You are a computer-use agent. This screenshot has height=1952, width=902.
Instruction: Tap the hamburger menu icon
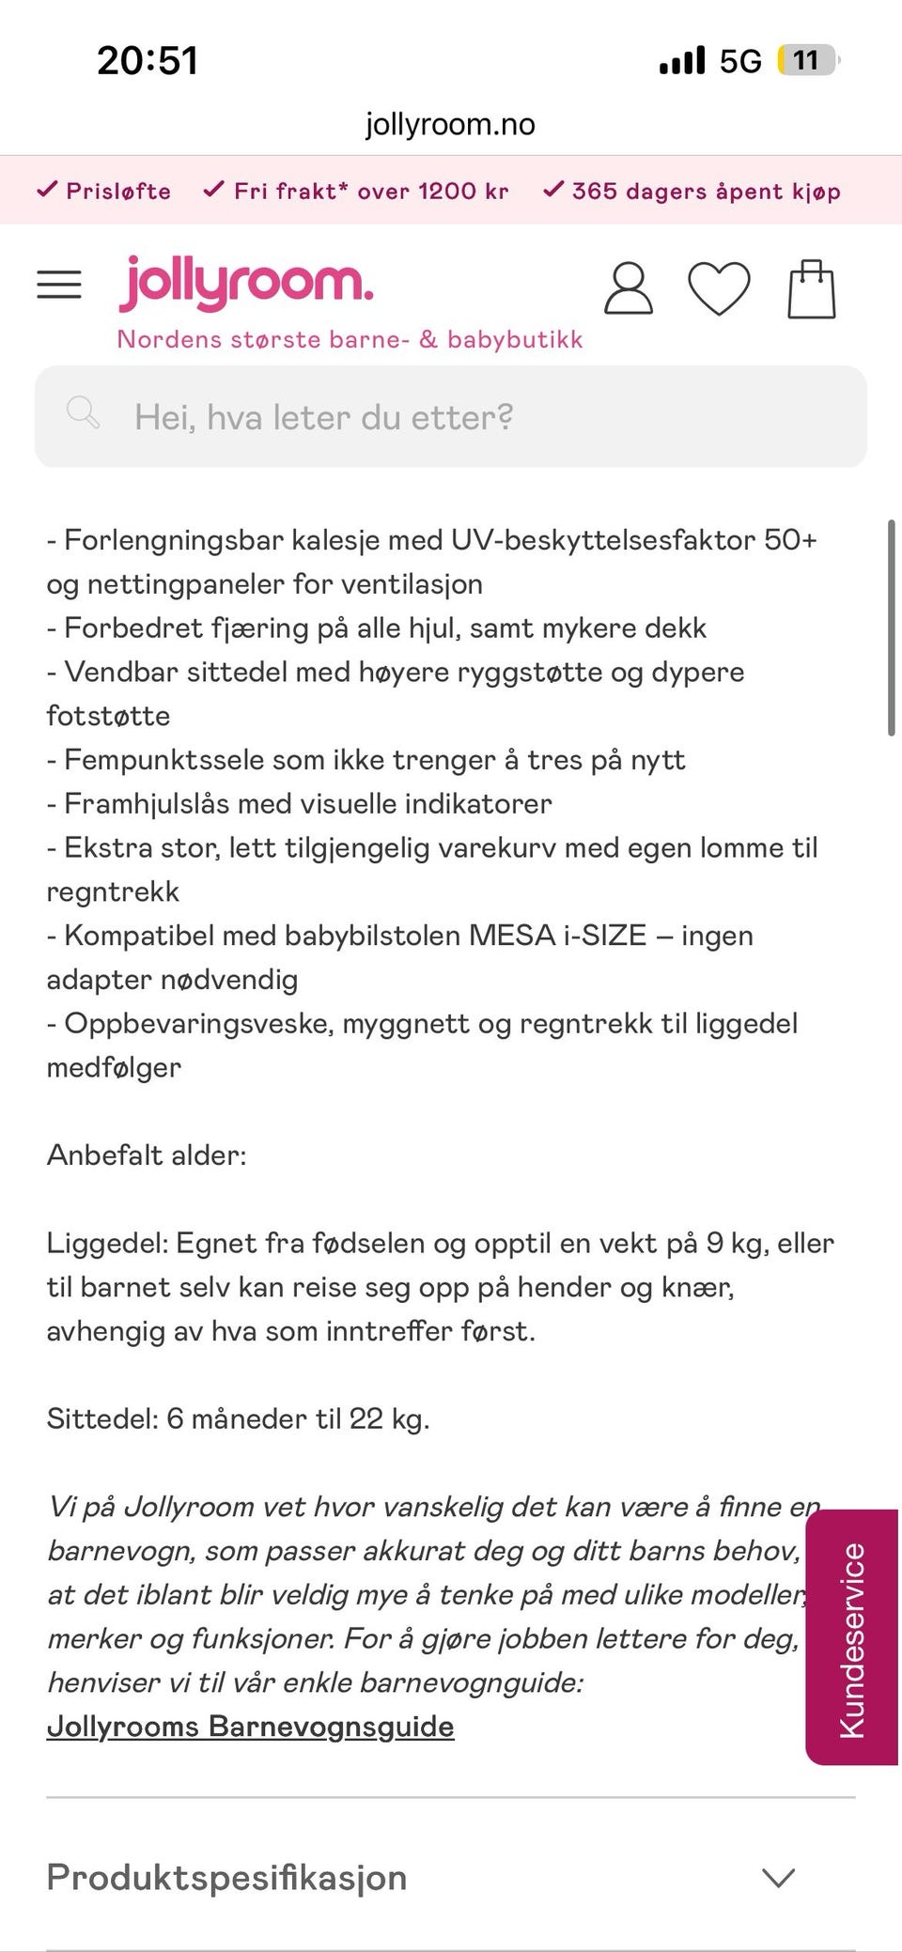pos(59,285)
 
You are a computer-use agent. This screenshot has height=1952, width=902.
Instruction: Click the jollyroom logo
pos(246,283)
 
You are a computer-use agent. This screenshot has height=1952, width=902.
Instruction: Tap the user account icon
pos(628,288)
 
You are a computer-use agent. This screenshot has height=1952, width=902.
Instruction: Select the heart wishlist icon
pos(719,288)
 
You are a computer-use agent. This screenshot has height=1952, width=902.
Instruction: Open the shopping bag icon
pos(811,289)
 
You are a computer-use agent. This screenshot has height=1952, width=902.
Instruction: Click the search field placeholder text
pos(323,417)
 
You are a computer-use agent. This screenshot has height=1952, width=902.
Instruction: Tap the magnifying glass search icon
pos(83,412)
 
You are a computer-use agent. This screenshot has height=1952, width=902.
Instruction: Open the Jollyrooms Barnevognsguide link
pos(250,1726)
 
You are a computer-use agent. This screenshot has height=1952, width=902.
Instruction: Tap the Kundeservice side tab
pos(851,1639)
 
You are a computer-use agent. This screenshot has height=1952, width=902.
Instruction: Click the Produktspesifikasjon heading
pos(226,1877)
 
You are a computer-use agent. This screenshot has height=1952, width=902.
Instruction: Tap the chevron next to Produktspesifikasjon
pos(778,1877)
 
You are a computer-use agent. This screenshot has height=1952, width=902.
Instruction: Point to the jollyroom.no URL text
pos(450,124)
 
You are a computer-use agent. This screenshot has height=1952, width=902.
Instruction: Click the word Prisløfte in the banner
pos(118,192)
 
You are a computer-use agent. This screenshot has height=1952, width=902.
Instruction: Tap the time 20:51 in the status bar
pos(148,61)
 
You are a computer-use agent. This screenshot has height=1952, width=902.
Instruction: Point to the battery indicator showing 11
pos(806,61)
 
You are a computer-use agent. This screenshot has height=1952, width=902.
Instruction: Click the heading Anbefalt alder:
pos(147,1154)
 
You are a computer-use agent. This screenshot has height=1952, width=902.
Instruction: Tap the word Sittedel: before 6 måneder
pos(102,1418)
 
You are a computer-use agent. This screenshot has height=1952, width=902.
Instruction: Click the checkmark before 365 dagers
pos(553,190)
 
